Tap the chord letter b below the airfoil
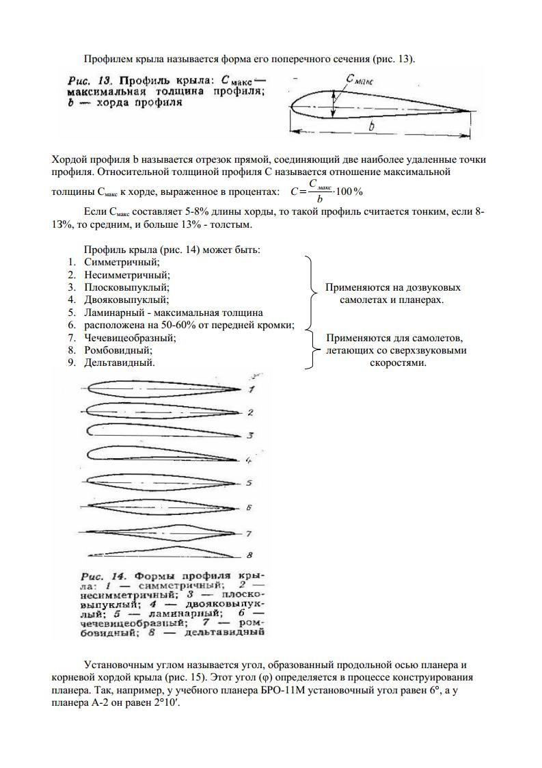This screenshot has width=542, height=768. click(371, 128)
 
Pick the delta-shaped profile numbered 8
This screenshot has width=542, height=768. click(161, 552)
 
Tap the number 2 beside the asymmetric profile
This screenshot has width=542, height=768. click(250, 412)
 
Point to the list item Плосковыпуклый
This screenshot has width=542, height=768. click(126, 287)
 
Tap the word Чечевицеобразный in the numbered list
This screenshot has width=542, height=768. click(130, 338)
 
